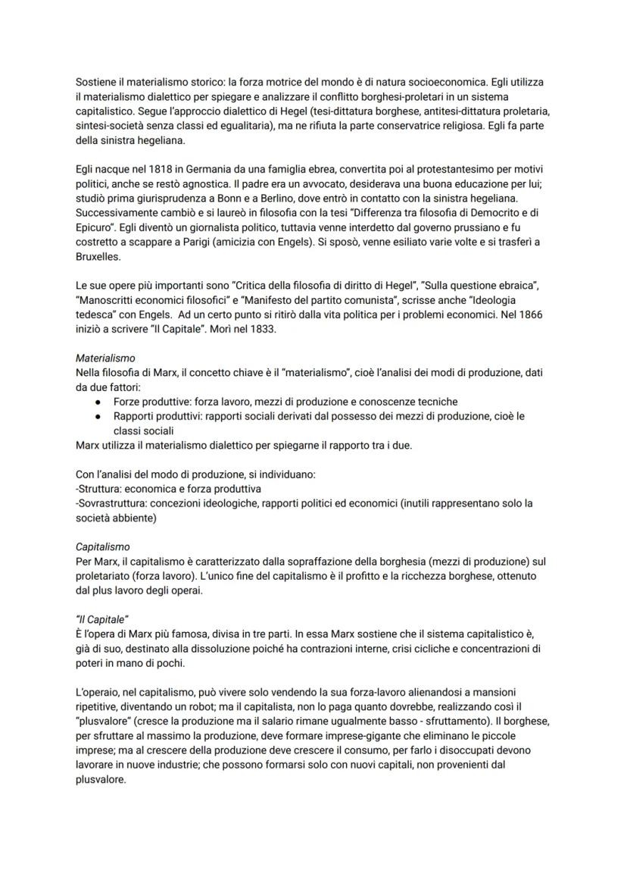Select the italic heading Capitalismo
(x=103, y=546)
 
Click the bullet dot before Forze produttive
(x=98, y=402)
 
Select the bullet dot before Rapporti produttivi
(x=98, y=416)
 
